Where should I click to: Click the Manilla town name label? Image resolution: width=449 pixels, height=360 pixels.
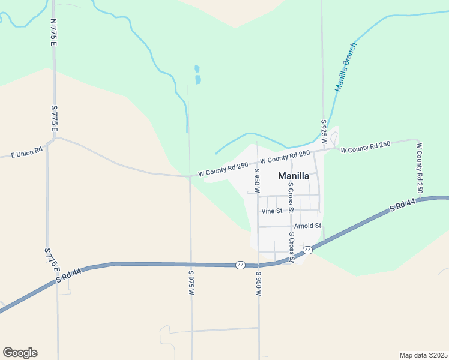pos(294,176)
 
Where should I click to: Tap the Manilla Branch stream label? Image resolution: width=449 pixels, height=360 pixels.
pos(346,67)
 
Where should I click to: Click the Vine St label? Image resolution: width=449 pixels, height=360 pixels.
pos(272,211)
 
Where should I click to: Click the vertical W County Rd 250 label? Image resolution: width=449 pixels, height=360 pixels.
pos(420,167)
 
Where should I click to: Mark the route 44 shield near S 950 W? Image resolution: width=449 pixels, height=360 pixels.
pos(240,265)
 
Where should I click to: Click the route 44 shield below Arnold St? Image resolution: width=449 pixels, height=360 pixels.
pos(307,250)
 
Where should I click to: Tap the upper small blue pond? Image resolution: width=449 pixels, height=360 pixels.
pos(197,68)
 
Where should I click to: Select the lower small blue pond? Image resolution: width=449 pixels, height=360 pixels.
pos(198,79)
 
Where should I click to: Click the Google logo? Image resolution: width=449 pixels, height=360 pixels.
pos(20,353)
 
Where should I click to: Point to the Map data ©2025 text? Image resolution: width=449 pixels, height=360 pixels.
pos(423,355)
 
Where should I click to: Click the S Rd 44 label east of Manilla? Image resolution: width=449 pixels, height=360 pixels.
pos(402,205)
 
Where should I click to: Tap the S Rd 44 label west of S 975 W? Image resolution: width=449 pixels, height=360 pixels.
pos(68,275)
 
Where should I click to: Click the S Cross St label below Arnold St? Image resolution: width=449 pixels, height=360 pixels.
pos(291,248)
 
